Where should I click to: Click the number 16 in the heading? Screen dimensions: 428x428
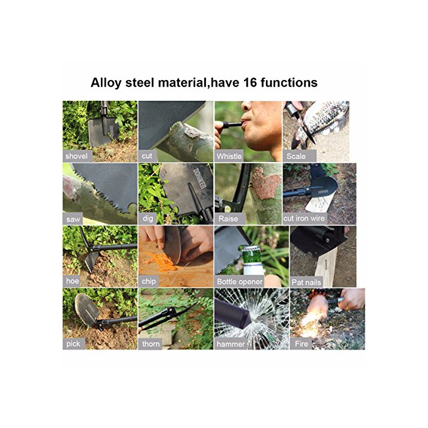pos(249,83)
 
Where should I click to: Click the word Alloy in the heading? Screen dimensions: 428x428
pos(106,83)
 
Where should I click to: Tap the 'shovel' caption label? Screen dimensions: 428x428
pos(76,156)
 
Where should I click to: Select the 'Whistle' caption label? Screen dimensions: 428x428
pos(229,156)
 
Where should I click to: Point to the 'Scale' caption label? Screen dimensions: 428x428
pos(296,156)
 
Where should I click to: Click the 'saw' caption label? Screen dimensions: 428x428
pos(73,219)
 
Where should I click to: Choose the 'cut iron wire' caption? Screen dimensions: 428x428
pos(304,218)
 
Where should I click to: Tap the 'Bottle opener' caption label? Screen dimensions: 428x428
pos(240,281)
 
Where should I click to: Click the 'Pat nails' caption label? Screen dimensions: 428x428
pos(306,282)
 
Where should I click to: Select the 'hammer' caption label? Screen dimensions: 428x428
pos(231,344)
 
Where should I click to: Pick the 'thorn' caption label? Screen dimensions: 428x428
pos(150,344)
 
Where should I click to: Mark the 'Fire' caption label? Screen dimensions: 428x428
pos(301,344)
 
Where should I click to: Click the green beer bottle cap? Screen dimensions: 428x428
pos(249,249)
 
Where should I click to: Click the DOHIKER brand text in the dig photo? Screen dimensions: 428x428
pos(199,179)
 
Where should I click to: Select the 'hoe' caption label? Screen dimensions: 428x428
pos(73,281)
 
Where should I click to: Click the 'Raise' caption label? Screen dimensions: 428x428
pos(228,219)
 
